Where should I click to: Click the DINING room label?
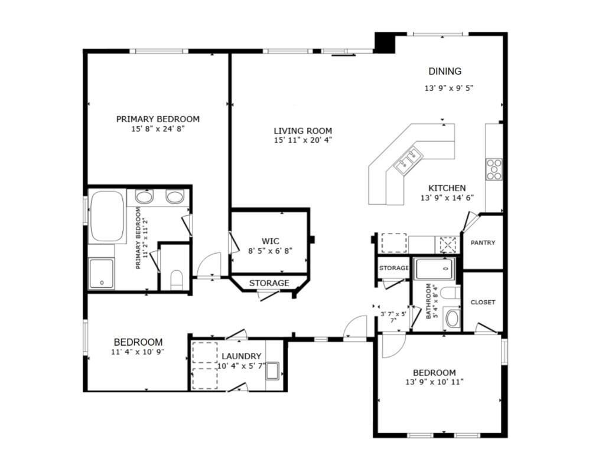click(x=445, y=71)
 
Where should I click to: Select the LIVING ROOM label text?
click(x=302, y=131)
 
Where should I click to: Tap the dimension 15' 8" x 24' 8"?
click(x=158, y=129)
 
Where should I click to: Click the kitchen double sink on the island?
click(x=408, y=160)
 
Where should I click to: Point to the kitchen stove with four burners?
click(x=494, y=169)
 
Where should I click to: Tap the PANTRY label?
click(x=483, y=242)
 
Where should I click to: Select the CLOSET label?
click(x=483, y=302)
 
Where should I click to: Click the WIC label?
click(x=271, y=241)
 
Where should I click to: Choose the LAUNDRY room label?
click(x=241, y=356)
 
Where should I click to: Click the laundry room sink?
click(x=274, y=371)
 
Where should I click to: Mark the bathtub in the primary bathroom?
click(x=107, y=217)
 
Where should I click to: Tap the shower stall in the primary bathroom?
click(x=102, y=274)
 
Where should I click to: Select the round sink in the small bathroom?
click(x=452, y=319)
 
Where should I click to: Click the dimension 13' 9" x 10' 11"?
click(x=434, y=382)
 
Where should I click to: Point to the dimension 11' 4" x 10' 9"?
click(x=138, y=352)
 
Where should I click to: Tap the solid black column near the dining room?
click(x=385, y=43)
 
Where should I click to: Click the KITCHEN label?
click(x=447, y=188)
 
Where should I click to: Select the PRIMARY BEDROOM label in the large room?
click(x=158, y=119)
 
